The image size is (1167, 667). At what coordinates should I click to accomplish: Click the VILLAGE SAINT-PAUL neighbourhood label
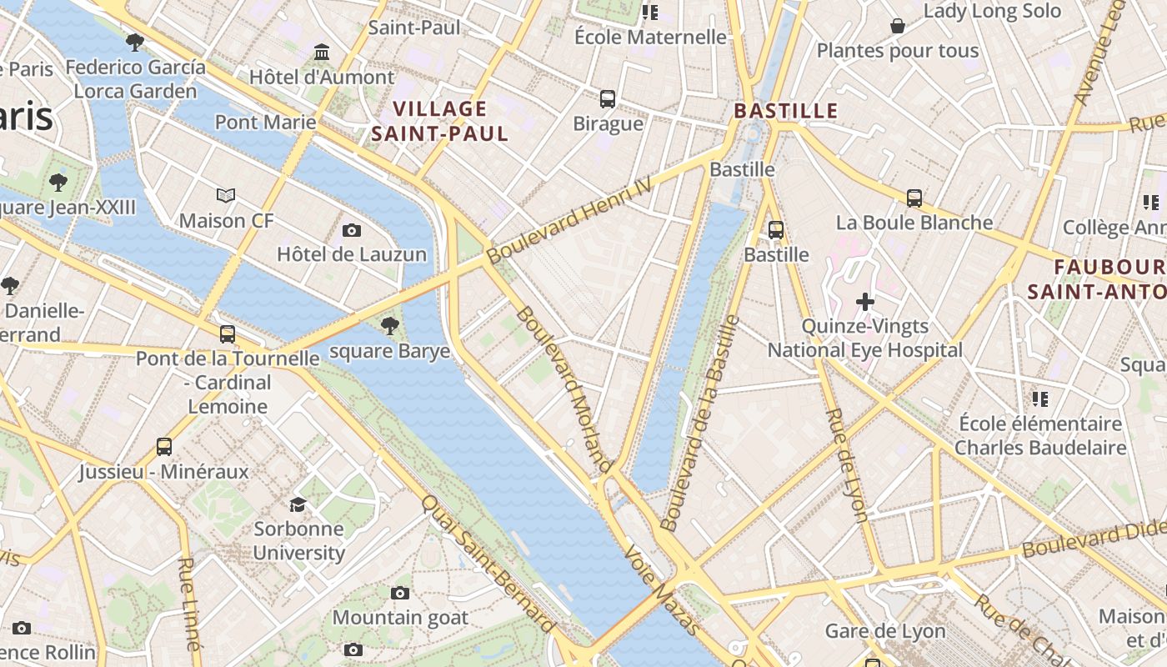(439, 121)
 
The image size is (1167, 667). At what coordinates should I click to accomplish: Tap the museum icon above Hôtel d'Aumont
(322, 53)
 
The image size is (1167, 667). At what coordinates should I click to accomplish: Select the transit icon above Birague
(608, 98)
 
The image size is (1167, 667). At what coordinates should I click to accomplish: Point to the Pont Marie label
(265, 123)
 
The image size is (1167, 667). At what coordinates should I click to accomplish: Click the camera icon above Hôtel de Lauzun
(352, 230)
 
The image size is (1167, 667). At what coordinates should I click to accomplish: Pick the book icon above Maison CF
(226, 196)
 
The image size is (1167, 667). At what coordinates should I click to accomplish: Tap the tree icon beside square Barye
(389, 326)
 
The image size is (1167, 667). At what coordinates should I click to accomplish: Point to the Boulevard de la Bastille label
(701, 424)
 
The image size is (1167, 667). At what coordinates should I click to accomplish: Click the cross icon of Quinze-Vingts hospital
(865, 301)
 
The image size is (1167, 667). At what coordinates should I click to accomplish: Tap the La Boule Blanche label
(914, 223)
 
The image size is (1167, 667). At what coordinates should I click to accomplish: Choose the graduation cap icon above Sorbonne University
(298, 504)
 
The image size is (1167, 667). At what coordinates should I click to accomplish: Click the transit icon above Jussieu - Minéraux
(164, 447)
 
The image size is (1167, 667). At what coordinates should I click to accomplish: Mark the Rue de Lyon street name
(847, 464)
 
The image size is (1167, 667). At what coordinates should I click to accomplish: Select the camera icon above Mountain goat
(400, 593)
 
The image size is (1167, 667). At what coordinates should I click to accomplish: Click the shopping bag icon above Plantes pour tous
(898, 26)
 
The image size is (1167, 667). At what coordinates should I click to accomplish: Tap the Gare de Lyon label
(885, 631)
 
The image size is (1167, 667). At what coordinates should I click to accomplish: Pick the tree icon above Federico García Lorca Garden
(135, 42)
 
